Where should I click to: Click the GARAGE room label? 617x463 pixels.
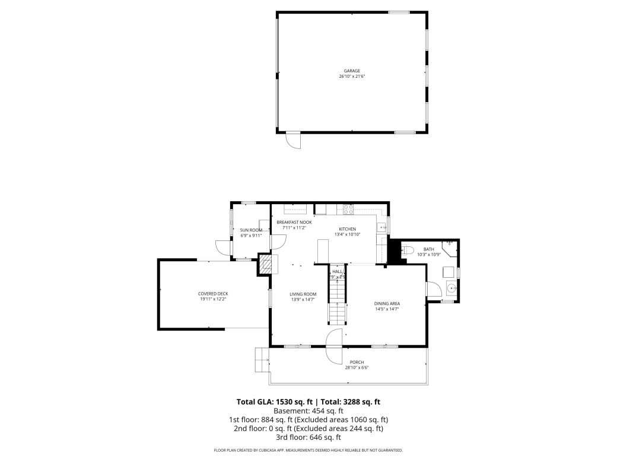(x=352, y=71)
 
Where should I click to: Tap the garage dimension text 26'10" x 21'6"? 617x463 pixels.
(x=352, y=77)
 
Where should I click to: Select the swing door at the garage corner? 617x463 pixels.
(x=293, y=141)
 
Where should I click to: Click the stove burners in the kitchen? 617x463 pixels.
(x=348, y=208)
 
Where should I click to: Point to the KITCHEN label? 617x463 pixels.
(x=347, y=229)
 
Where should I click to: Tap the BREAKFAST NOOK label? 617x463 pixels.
(x=294, y=222)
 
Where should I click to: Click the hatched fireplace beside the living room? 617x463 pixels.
(x=266, y=264)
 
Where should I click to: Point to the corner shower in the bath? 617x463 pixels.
(x=450, y=245)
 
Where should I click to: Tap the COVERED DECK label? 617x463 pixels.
(x=213, y=294)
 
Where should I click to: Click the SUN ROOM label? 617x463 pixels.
(x=251, y=230)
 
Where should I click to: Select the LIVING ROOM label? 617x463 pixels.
(x=303, y=294)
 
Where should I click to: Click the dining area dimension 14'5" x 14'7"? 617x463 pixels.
(x=387, y=309)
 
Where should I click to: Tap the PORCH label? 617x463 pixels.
(x=357, y=362)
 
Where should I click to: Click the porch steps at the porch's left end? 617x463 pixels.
(x=262, y=360)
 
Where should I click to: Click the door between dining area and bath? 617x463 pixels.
(x=432, y=290)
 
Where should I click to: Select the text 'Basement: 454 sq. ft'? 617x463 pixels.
(x=308, y=411)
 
